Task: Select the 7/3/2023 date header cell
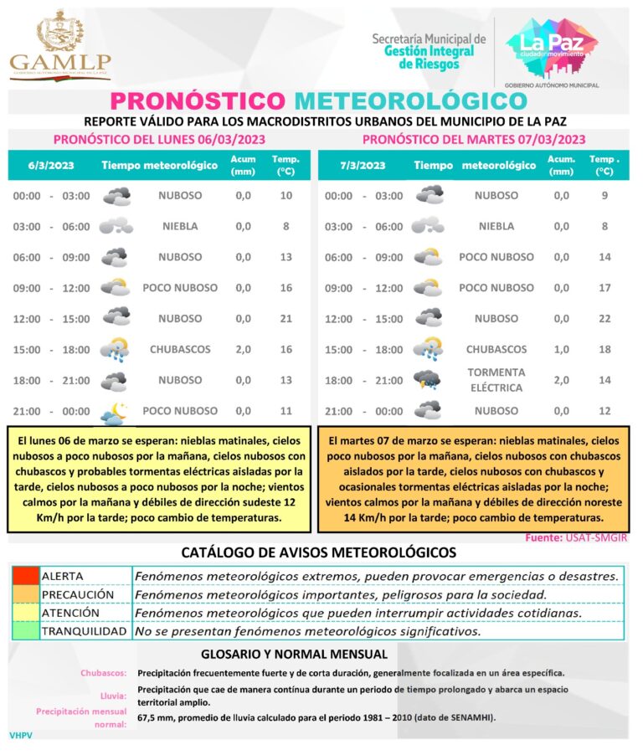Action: (x=363, y=165)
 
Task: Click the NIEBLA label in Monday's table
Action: (x=180, y=226)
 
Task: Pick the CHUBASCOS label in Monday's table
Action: (x=180, y=349)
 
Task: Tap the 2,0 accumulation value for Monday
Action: (x=243, y=349)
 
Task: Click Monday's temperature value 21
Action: (x=286, y=318)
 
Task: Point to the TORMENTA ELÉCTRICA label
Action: (x=496, y=380)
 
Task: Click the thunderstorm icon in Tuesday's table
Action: (x=428, y=380)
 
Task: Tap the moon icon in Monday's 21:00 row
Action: (x=115, y=410)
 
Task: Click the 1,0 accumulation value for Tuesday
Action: (x=560, y=349)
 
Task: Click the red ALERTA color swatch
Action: (x=25, y=576)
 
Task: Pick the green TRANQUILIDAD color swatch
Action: (x=25, y=631)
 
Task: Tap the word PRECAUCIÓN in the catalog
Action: (x=77, y=594)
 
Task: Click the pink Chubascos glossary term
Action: (x=104, y=673)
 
